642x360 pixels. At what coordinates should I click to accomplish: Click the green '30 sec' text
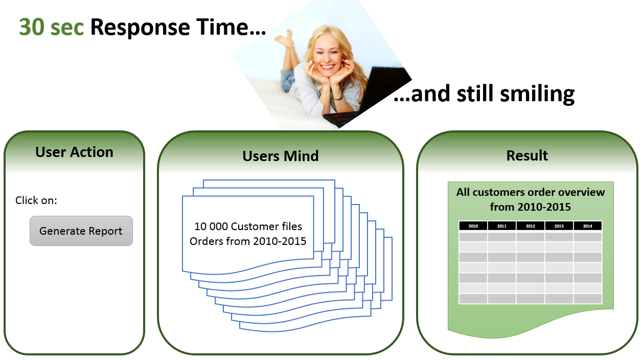(x=51, y=27)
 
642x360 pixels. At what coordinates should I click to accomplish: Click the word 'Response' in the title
(x=140, y=28)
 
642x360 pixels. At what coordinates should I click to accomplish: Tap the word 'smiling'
(x=537, y=94)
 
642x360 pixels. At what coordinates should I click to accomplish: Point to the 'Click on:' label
(x=36, y=200)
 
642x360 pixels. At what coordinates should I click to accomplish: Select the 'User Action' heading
(x=74, y=152)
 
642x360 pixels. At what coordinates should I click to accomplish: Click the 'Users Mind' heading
(x=281, y=156)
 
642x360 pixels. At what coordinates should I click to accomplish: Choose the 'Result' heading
(x=527, y=155)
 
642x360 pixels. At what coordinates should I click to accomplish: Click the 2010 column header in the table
(x=473, y=226)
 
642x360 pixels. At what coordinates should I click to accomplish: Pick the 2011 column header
(x=502, y=226)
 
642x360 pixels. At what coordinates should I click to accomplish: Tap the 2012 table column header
(x=531, y=226)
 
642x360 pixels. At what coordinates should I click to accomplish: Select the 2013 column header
(x=559, y=226)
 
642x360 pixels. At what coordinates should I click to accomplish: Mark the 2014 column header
(x=587, y=226)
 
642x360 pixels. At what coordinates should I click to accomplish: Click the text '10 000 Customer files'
(x=248, y=227)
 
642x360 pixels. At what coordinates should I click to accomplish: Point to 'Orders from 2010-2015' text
(x=248, y=241)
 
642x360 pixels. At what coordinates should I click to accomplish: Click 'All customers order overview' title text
(x=531, y=192)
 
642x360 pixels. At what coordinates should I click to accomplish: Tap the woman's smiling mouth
(x=327, y=67)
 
